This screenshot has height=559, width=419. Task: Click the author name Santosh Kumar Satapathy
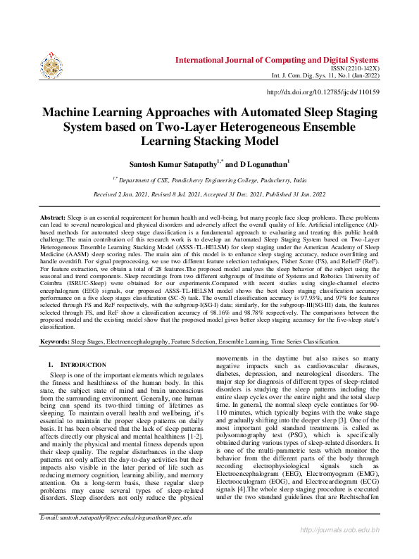171,163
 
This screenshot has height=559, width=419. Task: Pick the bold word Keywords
54,341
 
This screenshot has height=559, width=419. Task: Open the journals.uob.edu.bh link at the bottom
340,548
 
